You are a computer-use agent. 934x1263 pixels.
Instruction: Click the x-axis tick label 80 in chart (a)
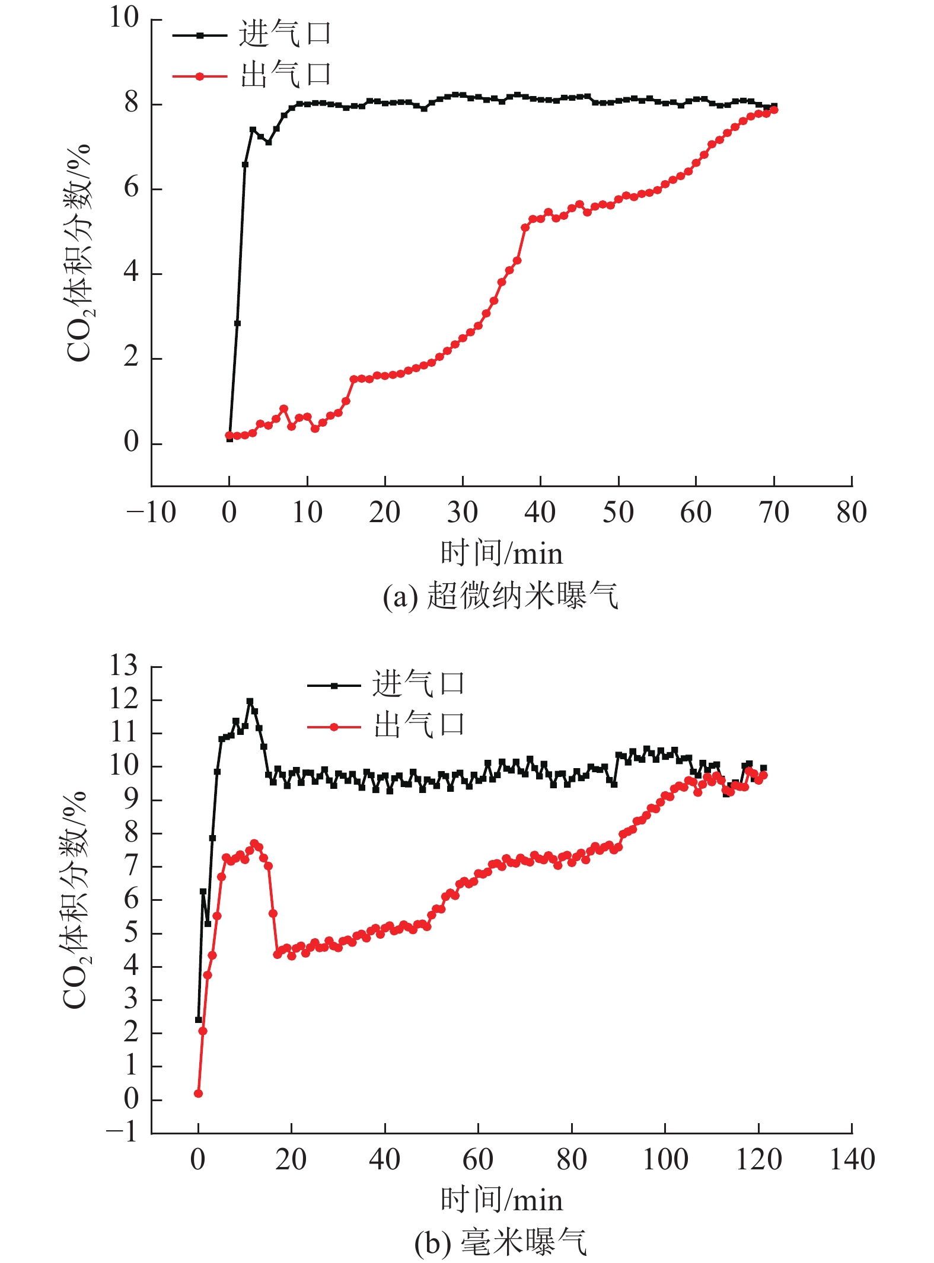(852, 513)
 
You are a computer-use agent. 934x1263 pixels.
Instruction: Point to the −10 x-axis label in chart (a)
(151, 513)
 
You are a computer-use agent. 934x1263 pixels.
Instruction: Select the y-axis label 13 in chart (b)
(123, 666)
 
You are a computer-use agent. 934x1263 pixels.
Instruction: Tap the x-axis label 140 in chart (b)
(852, 1160)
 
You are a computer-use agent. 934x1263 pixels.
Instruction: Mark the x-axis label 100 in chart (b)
(665, 1160)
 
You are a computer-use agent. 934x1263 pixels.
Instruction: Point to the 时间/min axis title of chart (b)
(501, 1200)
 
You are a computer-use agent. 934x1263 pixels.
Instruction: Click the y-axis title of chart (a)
(78, 252)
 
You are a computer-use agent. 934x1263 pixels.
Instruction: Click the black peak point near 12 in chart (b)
(250, 702)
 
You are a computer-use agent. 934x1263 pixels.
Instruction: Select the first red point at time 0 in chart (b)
(198, 1093)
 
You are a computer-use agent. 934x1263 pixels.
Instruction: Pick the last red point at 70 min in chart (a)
(774, 110)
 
